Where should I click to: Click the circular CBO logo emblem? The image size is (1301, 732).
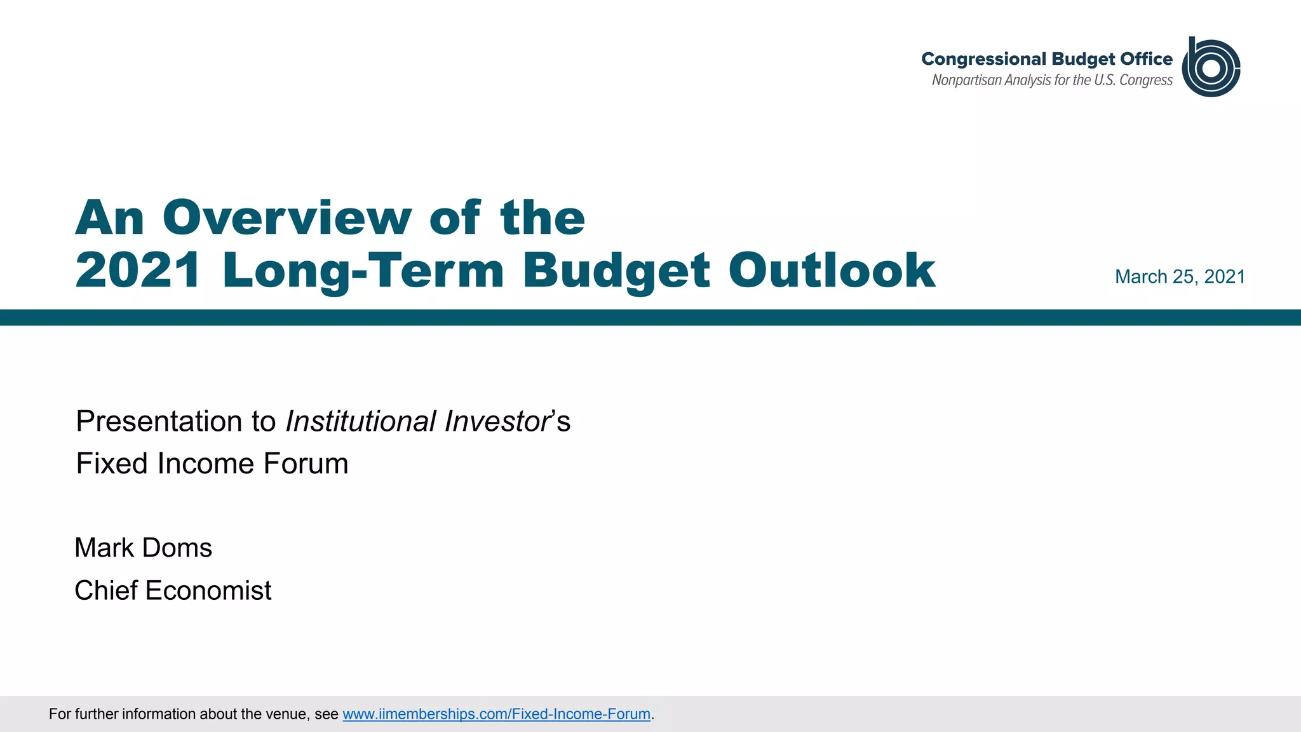click(1211, 67)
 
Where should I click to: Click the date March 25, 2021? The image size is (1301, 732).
click(1180, 277)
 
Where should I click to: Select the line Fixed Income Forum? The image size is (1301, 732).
click(212, 463)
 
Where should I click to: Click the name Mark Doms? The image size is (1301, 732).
click(144, 548)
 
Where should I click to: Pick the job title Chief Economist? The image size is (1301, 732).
click(173, 590)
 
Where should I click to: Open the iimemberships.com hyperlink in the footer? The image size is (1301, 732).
click(496, 714)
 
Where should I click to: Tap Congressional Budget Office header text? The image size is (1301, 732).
click(1046, 59)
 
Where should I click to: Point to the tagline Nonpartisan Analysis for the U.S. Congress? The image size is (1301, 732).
click(1051, 81)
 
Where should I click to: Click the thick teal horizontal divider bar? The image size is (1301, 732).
click(650, 317)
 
